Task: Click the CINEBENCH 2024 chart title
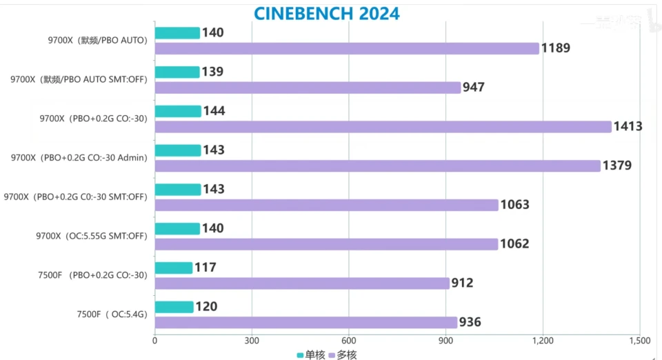[x=326, y=13]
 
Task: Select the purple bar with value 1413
[x=383, y=127]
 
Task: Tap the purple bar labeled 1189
[x=347, y=48]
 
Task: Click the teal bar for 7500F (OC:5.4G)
[x=174, y=307]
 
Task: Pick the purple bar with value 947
[x=308, y=88]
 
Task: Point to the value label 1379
[x=617, y=166]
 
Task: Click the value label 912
[x=462, y=283]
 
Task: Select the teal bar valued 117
[x=173, y=268]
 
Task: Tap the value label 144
[x=214, y=111]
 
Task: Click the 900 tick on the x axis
[x=445, y=340]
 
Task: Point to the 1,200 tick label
[x=543, y=340]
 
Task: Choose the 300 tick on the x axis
[x=252, y=340]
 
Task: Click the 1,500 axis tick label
[x=639, y=340]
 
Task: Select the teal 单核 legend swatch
[x=300, y=354]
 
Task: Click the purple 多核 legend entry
[x=342, y=354]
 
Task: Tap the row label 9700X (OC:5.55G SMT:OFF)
[x=92, y=236]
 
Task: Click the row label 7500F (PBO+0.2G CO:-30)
[x=92, y=275]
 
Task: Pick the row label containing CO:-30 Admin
[x=79, y=157]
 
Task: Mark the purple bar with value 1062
[x=326, y=244]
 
